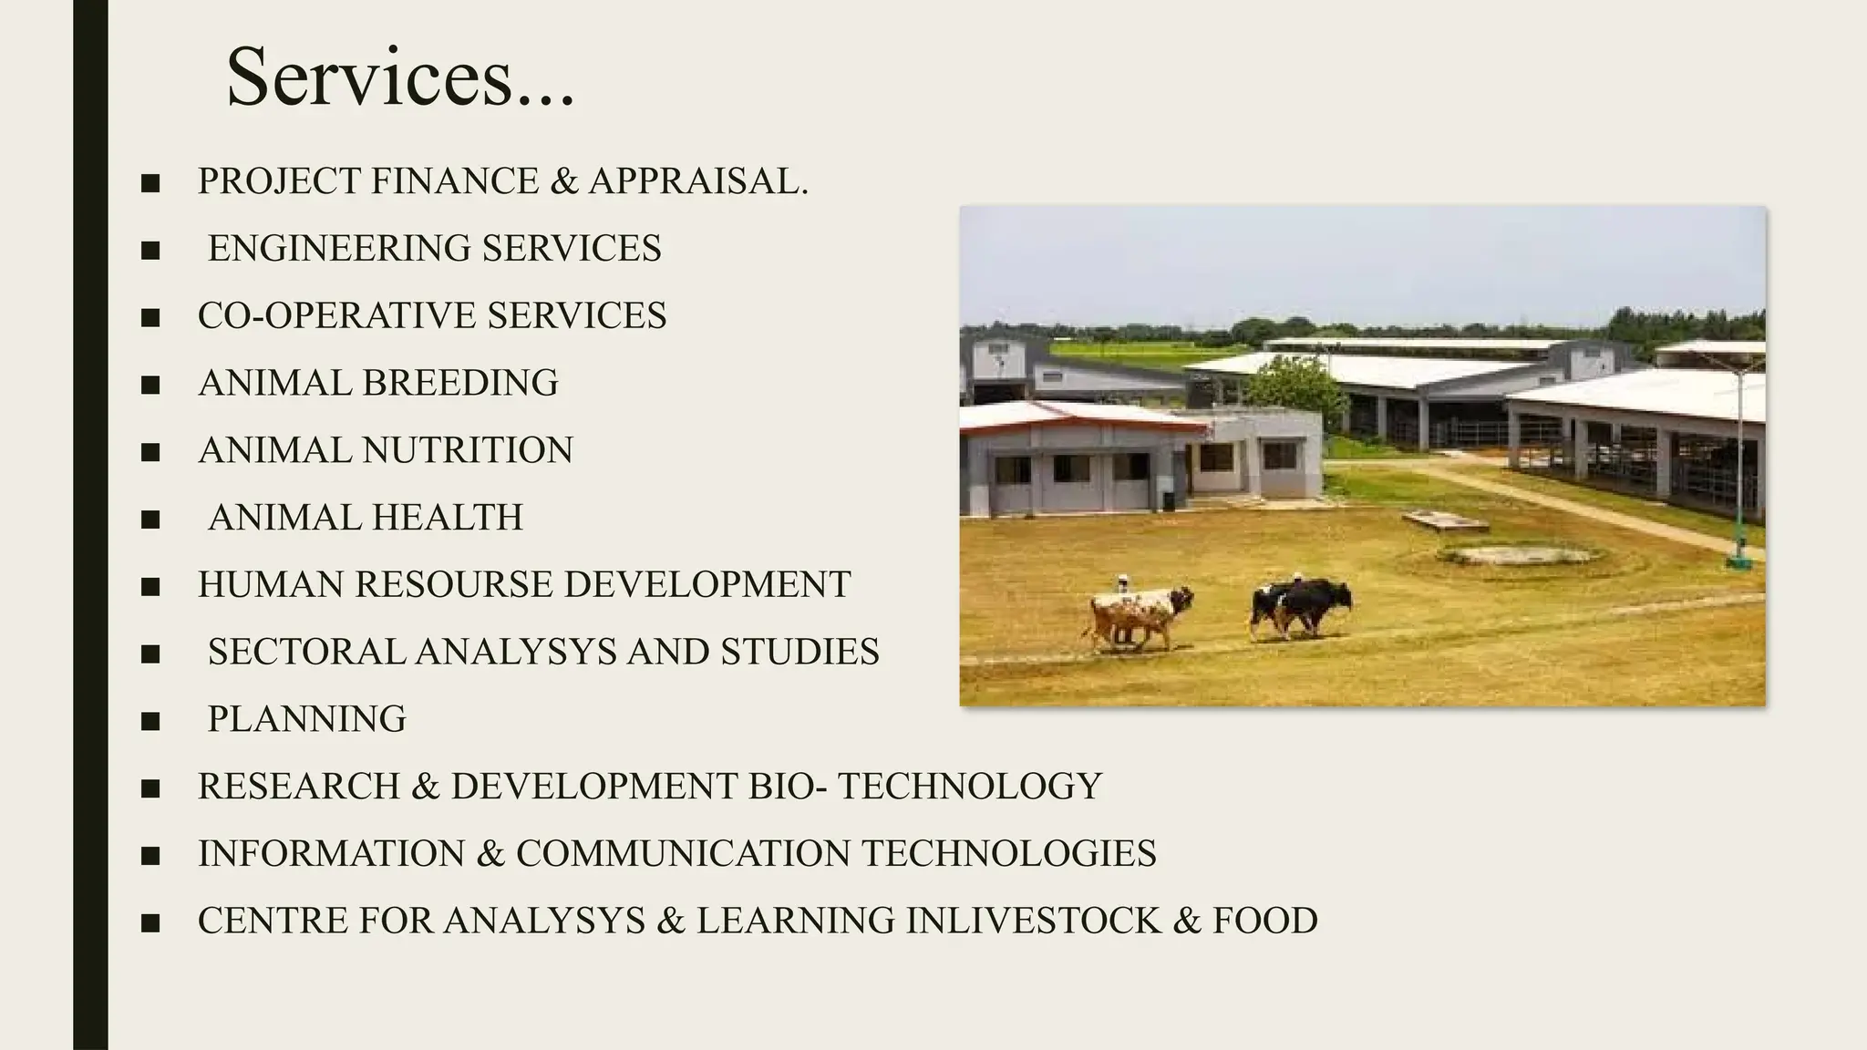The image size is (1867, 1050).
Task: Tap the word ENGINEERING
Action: click(338, 249)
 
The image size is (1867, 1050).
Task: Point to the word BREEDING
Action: click(460, 383)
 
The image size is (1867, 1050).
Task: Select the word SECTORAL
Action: click(305, 652)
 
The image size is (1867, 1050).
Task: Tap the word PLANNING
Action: click(306, 719)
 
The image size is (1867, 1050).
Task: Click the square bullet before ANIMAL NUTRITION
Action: click(150, 452)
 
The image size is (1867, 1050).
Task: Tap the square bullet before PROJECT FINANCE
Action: click(150, 183)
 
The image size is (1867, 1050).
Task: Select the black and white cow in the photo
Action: click(1301, 606)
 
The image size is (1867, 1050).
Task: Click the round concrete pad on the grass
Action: click(1518, 554)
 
